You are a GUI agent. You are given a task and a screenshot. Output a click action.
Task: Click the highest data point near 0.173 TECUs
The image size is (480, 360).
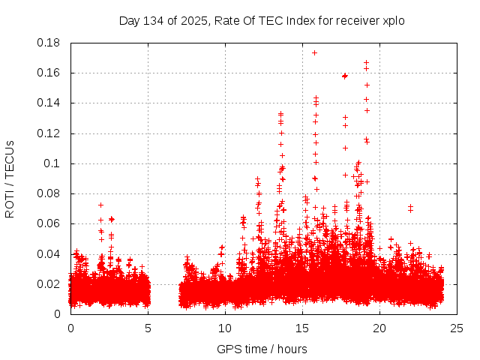[x=314, y=52]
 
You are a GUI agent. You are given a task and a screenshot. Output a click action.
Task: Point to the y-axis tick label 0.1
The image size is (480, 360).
[x=55, y=163]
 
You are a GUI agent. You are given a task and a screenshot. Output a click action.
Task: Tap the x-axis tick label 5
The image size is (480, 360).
[x=148, y=328]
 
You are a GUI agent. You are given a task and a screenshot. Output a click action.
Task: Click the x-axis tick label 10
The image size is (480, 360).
[x=224, y=328]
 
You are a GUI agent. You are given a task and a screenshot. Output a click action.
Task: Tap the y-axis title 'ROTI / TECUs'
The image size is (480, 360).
[x=10, y=179]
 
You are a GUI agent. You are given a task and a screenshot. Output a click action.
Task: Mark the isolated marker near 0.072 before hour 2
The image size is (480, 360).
[x=100, y=205]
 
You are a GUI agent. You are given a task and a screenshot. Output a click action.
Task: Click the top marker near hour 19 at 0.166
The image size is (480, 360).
[x=366, y=63]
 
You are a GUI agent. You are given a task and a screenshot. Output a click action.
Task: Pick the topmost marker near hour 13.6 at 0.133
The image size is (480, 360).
[x=280, y=114]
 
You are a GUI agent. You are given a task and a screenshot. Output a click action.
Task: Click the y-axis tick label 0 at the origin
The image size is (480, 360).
[x=58, y=314]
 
